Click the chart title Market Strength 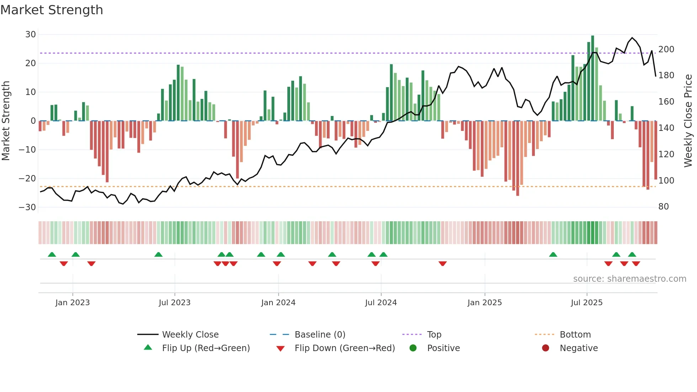pos(52,10)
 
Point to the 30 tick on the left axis pos(31,35)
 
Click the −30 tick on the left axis pos(27,207)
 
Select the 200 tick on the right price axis pos(666,49)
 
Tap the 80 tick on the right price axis pos(664,207)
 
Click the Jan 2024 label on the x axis pos(278,303)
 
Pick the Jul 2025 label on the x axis pos(586,303)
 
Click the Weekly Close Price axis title pos(688,121)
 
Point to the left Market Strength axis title pos(6,121)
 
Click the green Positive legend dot pos(413,348)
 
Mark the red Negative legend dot pos(546,348)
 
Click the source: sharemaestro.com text pos(629,279)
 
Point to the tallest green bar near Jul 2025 pos(592,78)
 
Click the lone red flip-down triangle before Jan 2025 pos(442,264)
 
